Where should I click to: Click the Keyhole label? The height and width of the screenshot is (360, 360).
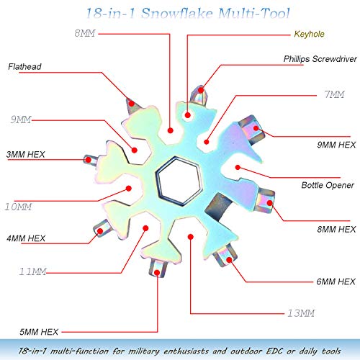pos(309,35)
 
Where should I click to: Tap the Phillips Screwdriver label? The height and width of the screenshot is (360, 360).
pos(320,59)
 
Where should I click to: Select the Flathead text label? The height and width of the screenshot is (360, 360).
pos(24,66)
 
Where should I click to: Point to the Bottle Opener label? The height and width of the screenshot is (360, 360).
pos(328,185)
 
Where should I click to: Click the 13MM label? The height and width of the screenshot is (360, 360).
pos(301,313)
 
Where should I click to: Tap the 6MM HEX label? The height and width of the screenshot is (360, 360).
pos(336,282)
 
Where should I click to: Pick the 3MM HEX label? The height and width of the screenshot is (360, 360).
pos(26,154)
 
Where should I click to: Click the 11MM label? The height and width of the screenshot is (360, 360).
pos(32,271)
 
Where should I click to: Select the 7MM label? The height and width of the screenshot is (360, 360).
pos(334,94)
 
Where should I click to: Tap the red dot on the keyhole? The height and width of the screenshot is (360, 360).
pos(188,115)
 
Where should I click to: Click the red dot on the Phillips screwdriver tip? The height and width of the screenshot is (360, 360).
pos(201,90)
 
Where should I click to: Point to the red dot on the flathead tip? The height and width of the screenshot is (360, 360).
pos(131,104)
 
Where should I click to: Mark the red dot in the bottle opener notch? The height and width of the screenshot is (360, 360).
pos(238,167)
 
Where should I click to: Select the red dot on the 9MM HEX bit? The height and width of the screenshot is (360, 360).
pos(256,128)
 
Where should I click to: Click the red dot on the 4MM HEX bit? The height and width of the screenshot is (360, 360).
pos(100,231)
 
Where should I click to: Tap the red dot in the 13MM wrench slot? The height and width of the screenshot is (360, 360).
pos(191,237)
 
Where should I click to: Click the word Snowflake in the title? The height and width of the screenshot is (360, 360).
pos(177,14)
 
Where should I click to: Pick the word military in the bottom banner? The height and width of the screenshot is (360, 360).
pos(144,351)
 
